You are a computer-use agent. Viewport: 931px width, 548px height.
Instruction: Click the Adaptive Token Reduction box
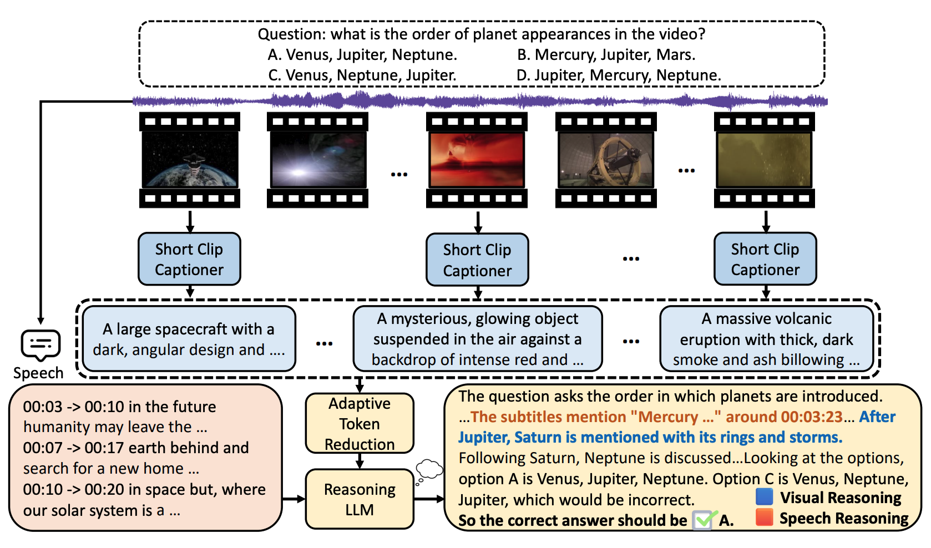click(x=360, y=423)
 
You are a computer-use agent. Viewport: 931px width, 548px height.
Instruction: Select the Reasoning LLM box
click(x=360, y=499)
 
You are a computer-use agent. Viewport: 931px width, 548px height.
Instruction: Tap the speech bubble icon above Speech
click(x=41, y=345)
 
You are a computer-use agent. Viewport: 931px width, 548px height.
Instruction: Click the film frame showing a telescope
click(x=606, y=160)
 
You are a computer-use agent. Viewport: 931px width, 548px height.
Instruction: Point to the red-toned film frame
click(x=477, y=160)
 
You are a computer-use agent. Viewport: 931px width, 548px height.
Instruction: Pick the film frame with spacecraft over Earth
click(x=190, y=160)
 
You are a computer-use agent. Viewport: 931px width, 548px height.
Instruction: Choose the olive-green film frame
click(x=765, y=160)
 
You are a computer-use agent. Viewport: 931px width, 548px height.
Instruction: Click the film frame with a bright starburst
click(x=317, y=160)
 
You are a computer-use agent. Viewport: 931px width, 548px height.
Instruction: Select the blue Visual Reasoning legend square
click(x=765, y=496)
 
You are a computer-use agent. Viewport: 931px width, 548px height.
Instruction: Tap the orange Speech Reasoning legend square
click(x=765, y=517)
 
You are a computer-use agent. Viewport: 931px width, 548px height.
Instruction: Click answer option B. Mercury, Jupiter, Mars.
click(x=606, y=55)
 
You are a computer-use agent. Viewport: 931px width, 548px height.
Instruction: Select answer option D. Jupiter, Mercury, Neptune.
click(x=618, y=75)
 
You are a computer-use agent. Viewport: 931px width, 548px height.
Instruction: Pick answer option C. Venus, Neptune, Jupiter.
click(x=362, y=75)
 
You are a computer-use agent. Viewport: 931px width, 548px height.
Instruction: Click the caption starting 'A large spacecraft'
click(x=189, y=339)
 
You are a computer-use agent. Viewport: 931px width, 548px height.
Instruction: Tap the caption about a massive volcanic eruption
click(x=766, y=339)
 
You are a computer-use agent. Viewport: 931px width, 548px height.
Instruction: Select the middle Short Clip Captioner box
click(x=477, y=260)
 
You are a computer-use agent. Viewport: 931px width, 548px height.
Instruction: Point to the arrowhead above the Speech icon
click(x=41, y=321)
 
